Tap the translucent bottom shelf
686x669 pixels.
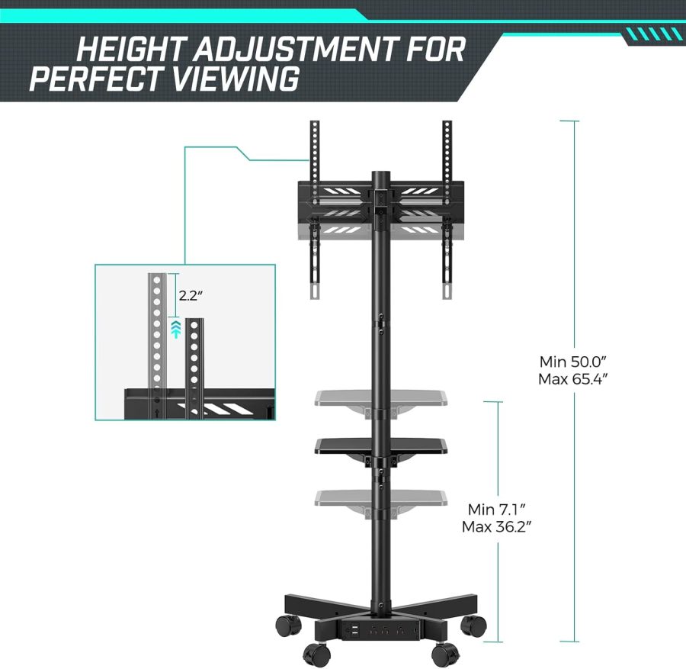[379, 497]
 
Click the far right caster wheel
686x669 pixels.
[473, 626]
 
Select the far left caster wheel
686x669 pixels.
[287, 626]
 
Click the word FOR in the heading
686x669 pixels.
[438, 50]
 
